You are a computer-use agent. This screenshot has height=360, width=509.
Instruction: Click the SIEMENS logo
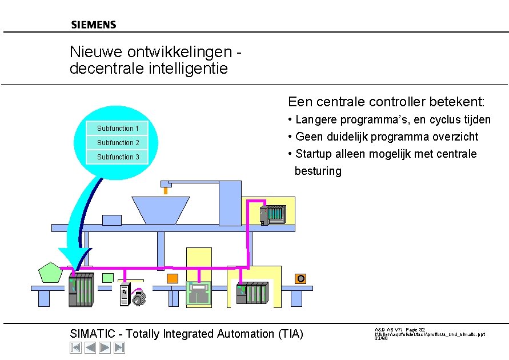(94, 25)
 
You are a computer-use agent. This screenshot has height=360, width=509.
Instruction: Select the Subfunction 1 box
(117, 128)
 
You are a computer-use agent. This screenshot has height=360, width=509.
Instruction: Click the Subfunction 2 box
(117, 142)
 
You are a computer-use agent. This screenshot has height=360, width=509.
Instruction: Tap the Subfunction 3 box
(117, 157)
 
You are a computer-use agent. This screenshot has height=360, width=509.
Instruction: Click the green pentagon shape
(50, 273)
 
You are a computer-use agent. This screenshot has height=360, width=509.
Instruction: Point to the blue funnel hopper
(160, 210)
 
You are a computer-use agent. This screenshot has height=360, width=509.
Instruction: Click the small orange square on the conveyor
(172, 278)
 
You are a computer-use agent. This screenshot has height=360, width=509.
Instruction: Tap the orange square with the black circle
(300, 278)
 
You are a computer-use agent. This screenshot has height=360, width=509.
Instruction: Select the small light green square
(107, 278)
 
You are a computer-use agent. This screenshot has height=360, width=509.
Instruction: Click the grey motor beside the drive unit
(139, 298)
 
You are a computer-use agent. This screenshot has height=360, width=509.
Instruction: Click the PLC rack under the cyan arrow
(81, 290)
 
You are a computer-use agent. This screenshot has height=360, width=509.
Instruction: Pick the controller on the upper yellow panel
(271, 215)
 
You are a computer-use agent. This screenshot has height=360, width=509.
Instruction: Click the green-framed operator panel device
(199, 294)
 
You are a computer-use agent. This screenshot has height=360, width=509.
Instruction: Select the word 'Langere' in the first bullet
(316, 119)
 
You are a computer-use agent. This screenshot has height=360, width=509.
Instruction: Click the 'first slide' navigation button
(75, 347)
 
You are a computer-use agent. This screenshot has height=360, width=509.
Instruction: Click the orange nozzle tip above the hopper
(166, 191)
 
